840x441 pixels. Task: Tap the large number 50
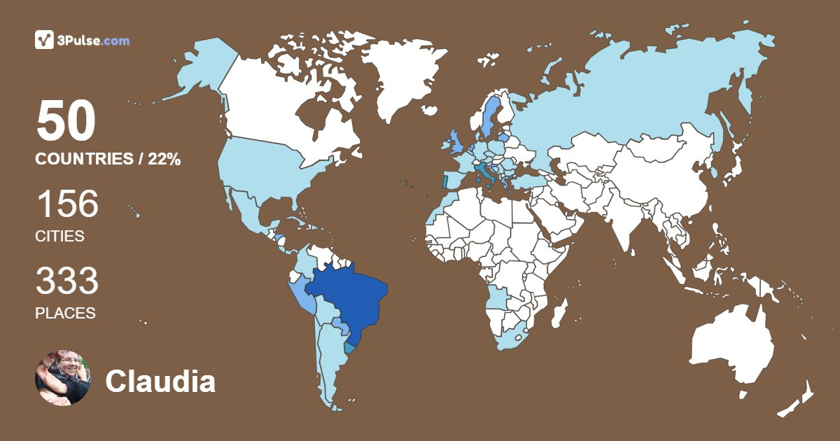coord(66,122)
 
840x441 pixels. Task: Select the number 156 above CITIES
coord(67,204)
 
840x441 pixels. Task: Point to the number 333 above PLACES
coord(67,281)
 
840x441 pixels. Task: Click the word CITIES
coord(59,237)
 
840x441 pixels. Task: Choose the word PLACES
coord(65,314)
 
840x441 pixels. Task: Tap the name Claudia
coord(160,381)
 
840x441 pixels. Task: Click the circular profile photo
coord(63,378)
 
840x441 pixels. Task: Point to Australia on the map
coord(731,346)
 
